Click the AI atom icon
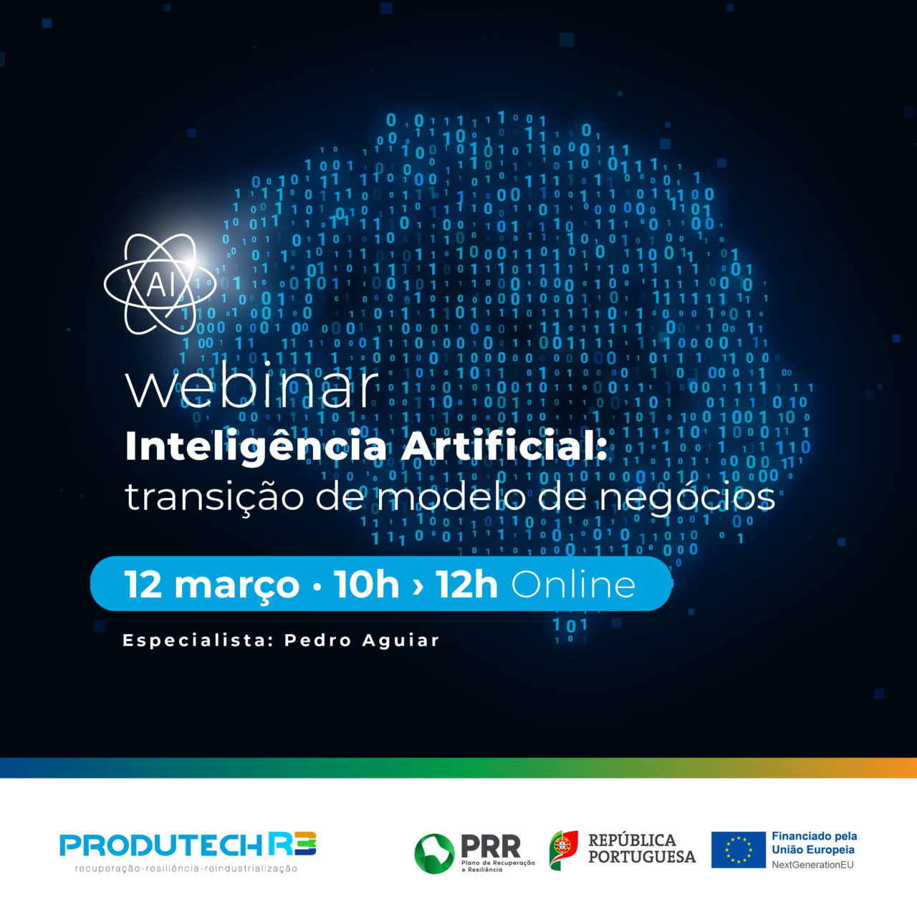[160, 284]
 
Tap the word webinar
[251, 386]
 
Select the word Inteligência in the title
[256, 446]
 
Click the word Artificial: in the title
[504, 446]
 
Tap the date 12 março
[211, 585]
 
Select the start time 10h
[366, 585]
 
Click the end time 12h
[466, 585]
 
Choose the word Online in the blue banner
[573, 585]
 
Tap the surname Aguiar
[400, 640]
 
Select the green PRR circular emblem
[434, 853]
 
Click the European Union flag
[738, 850]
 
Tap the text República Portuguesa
[641, 848]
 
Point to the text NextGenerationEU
[812, 865]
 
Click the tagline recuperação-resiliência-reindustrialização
[186, 869]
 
